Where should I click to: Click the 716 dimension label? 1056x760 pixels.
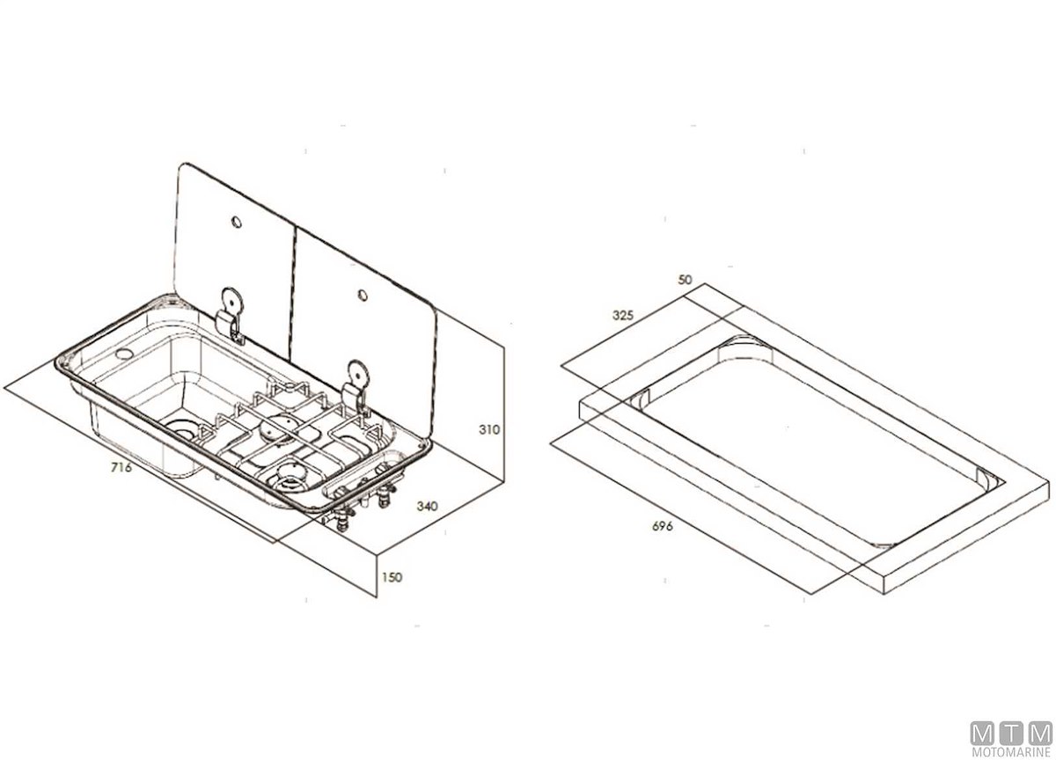[x=121, y=467]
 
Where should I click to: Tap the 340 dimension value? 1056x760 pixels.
[x=427, y=506]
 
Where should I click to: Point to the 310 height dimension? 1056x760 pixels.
[x=489, y=430]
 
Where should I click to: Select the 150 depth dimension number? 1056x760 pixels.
[x=392, y=577]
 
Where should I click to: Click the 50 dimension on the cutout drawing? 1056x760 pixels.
[x=685, y=280]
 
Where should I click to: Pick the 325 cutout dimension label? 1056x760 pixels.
[x=623, y=315]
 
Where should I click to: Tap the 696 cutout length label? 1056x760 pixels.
[x=663, y=526]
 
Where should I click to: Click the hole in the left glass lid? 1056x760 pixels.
[x=236, y=222]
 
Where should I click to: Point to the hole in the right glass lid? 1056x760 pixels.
[x=363, y=295]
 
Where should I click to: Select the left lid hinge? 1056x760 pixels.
[x=231, y=315]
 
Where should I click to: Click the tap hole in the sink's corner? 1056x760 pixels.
[x=124, y=353]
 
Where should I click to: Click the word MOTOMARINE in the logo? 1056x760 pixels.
[x=1012, y=751]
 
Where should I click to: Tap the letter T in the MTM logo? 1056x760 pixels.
[x=1012, y=734]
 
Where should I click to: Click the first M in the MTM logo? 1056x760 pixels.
[x=982, y=734]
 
